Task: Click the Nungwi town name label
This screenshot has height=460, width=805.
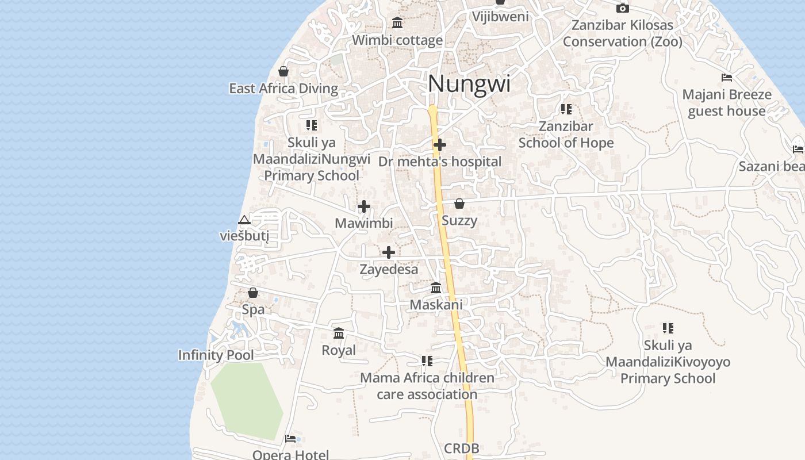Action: [469, 84]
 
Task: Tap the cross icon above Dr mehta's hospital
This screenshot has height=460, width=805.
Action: [440, 145]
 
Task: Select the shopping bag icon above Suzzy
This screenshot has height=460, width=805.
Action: [459, 204]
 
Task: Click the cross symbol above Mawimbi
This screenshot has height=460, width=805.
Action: [364, 206]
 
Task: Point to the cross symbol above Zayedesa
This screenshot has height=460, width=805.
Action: [389, 252]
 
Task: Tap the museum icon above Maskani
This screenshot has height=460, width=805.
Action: [436, 287]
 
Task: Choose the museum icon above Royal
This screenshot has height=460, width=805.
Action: [339, 333]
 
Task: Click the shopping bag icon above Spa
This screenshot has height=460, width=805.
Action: [253, 293]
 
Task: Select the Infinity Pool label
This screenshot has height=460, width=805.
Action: [216, 355]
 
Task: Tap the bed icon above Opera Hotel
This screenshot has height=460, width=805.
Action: [290, 439]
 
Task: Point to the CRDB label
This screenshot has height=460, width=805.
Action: [462, 448]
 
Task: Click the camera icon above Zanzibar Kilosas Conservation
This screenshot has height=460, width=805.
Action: [622, 8]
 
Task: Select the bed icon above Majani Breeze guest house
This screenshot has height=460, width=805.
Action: [727, 78]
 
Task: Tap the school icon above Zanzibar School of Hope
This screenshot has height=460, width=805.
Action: [566, 109]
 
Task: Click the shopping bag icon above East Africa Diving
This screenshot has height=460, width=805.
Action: [283, 71]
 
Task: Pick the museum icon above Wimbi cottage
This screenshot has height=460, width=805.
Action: [397, 22]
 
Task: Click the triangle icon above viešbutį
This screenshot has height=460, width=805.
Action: [244, 220]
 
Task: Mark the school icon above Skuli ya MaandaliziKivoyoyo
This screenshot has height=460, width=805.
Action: [668, 328]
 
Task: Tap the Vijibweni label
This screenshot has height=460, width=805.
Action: [500, 16]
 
